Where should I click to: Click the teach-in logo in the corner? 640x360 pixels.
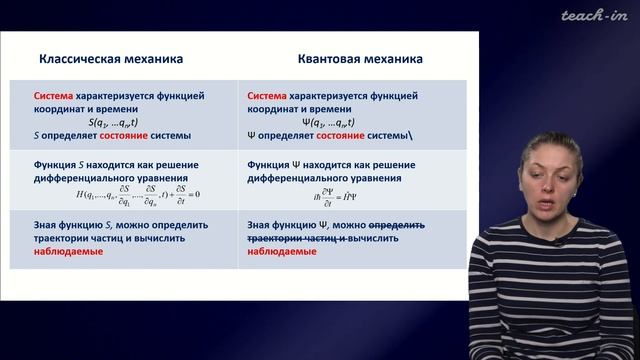coord(594,15)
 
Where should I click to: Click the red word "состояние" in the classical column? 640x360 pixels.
coord(119,133)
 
